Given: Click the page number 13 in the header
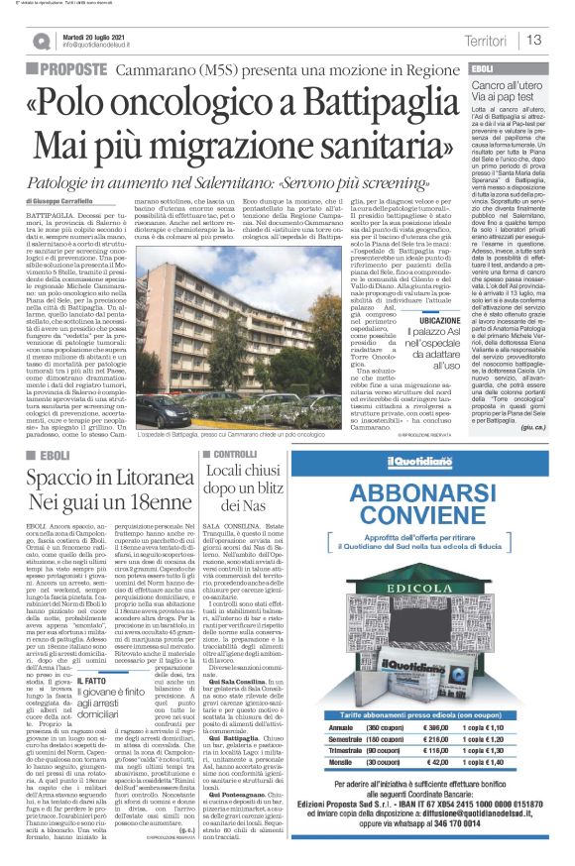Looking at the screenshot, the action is [x=535, y=41].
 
